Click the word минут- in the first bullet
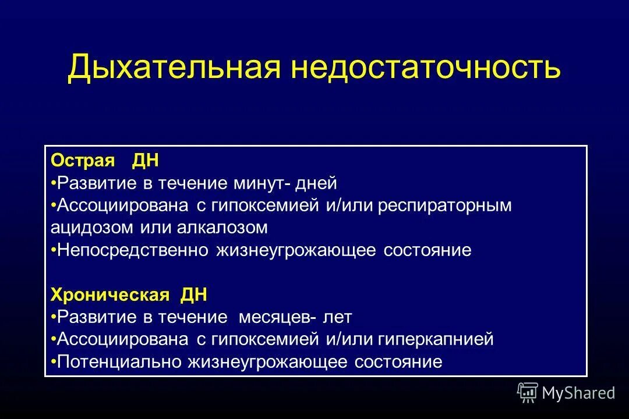tap(263, 183)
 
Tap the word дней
tap(317, 183)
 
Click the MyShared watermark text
tap(578, 393)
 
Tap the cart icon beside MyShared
tap(528, 393)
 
